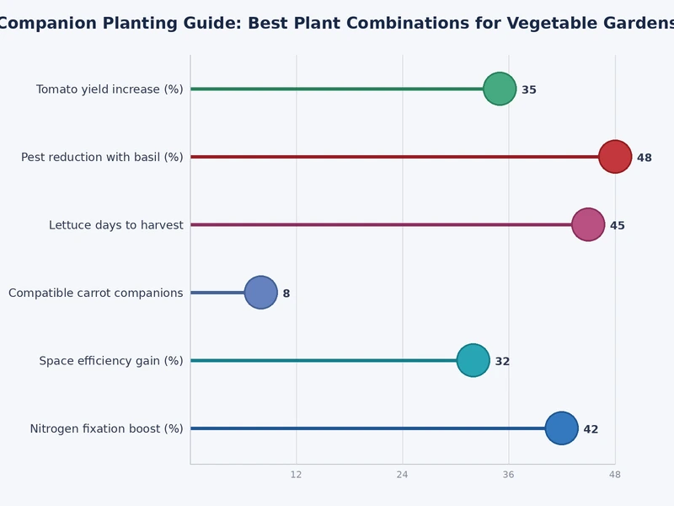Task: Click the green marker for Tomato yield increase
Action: coord(500,89)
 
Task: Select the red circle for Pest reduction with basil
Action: coord(615,157)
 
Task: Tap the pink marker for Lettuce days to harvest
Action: coord(588,224)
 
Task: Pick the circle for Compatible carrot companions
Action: coord(261,293)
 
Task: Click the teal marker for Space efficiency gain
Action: coord(473,360)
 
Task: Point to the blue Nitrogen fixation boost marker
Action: coord(562,428)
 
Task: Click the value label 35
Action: coord(529,90)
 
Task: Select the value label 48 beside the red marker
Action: coord(645,158)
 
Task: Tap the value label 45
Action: coord(618,226)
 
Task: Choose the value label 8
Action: coord(286,293)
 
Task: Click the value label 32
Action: coord(502,362)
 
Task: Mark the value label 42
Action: coord(591,429)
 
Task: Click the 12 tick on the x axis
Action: coord(297,475)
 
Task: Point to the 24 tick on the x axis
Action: coord(403,475)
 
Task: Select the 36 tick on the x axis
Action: coord(509,475)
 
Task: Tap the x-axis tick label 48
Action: coord(615,475)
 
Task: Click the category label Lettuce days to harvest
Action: coord(116,225)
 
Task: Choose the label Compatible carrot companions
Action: coord(96,293)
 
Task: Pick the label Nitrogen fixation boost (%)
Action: coord(107,429)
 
